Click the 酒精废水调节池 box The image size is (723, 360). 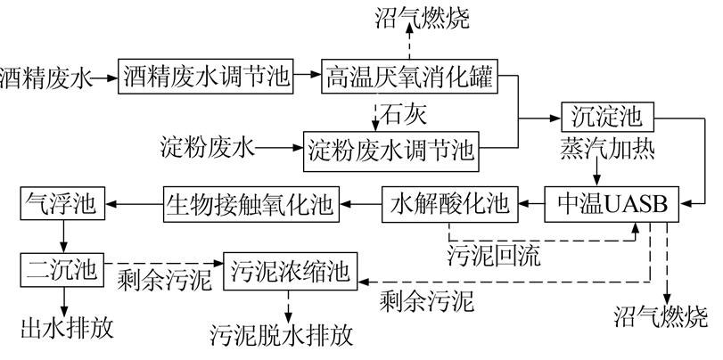[207, 78]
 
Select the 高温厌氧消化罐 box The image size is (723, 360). [408, 78]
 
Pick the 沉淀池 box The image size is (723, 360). [607, 116]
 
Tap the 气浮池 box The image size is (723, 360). [62, 203]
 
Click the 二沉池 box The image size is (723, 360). [62, 266]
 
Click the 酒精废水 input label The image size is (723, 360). [45, 78]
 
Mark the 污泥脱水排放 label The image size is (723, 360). [282, 337]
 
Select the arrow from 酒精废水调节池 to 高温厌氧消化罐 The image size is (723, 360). [308, 78]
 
